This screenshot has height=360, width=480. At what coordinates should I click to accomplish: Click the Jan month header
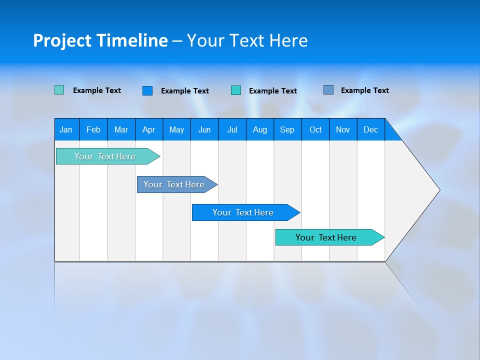(x=66, y=129)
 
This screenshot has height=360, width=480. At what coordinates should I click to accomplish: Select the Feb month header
(x=93, y=129)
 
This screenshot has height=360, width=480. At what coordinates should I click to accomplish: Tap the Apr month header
(x=148, y=129)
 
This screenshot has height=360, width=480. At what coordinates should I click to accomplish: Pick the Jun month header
(x=204, y=129)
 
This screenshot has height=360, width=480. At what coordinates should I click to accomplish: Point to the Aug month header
(x=259, y=129)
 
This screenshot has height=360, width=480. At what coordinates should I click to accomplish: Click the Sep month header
(x=287, y=129)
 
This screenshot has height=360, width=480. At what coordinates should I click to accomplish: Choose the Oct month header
(x=315, y=129)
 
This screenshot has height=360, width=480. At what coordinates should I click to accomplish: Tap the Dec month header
(x=370, y=129)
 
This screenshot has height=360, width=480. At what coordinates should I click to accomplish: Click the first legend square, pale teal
(x=59, y=90)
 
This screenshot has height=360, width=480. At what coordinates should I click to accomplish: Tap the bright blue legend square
(x=147, y=90)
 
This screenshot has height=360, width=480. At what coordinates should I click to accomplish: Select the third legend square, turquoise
(x=236, y=90)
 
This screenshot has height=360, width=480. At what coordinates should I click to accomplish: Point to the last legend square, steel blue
(x=328, y=90)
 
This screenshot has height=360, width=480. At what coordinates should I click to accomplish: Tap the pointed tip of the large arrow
(x=437, y=190)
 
